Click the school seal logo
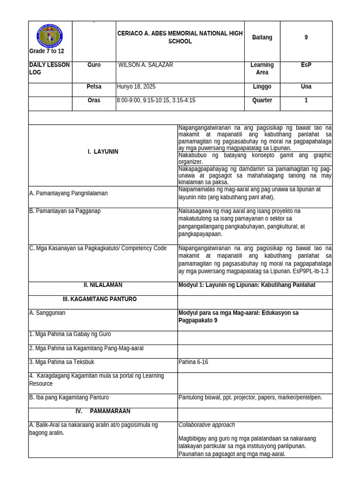tap(50, 36)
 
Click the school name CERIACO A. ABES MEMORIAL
tap(180, 37)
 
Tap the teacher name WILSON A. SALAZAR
tap(146, 65)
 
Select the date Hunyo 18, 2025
tap(136, 87)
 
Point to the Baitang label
tap(262, 37)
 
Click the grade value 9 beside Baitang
tap(306, 37)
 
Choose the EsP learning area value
tap(306, 65)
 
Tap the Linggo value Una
tap(306, 87)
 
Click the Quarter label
tap(262, 100)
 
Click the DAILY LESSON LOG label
tap(49, 69)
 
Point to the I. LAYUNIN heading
tap(103, 151)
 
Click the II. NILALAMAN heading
tap(103, 285)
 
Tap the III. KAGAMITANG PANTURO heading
tap(100, 299)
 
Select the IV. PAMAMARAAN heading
tap(103, 411)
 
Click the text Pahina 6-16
tap(194, 362)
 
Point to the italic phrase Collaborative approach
tap(207, 425)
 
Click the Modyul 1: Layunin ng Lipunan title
tap(247, 285)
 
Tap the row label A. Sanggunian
tap(47, 313)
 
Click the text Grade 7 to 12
tap(46, 51)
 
